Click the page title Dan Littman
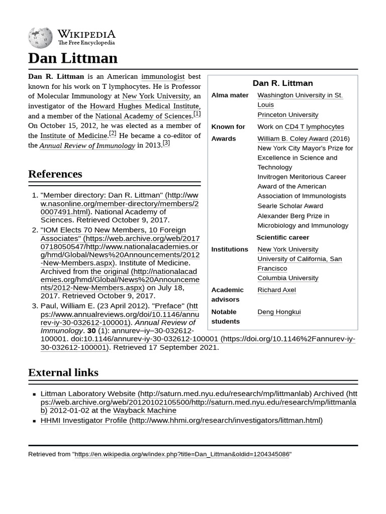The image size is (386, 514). tap(73, 58)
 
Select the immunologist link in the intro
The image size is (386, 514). tap(163, 77)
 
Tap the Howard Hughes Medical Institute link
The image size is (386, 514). tap(145, 106)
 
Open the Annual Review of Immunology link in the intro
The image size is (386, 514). tap(87, 146)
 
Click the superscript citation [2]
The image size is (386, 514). tap(113, 134)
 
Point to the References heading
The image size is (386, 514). tap(55, 174)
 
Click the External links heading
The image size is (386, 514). tap(63, 372)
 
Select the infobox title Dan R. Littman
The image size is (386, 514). tap(282, 83)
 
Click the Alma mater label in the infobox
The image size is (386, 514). tap(230, 95)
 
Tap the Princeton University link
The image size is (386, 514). tap(287, 115)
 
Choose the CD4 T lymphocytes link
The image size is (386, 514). tap(314, 127)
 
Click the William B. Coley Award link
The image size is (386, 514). tap(293, 139)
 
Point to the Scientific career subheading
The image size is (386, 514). tap(282, 237)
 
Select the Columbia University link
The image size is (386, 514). tap(287, 278)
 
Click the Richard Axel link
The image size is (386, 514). tap(276, 290)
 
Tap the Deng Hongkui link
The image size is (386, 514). tap(279, 312)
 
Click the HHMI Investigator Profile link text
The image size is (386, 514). tap(83, 421)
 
